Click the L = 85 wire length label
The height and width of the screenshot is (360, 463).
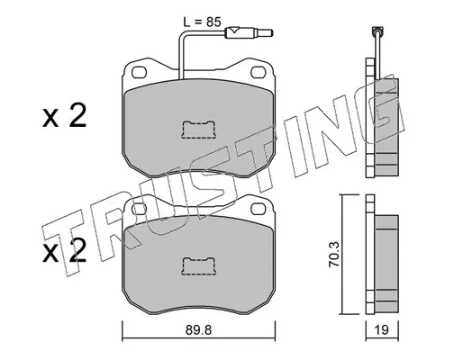(202, 22)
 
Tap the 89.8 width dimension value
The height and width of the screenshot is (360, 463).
(198, 330)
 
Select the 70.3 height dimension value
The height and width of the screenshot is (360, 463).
(334, 254)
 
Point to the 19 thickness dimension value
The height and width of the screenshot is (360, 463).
(382, 330)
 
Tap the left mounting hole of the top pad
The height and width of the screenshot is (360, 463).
(140, 72)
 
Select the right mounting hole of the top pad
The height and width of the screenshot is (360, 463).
(258, 72)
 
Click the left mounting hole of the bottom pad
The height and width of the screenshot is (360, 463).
(140, 209)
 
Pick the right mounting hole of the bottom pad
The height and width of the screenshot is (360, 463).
(259, 209)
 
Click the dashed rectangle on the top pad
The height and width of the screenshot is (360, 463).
(198, 130)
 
